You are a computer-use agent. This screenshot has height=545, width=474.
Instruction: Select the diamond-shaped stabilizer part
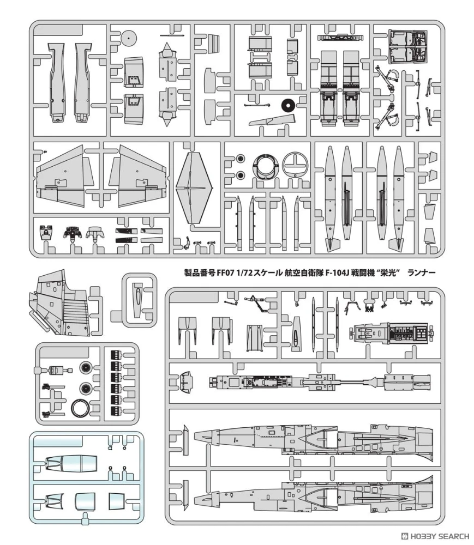(194, 188)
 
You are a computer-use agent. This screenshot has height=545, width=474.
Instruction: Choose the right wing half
(138, 177)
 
